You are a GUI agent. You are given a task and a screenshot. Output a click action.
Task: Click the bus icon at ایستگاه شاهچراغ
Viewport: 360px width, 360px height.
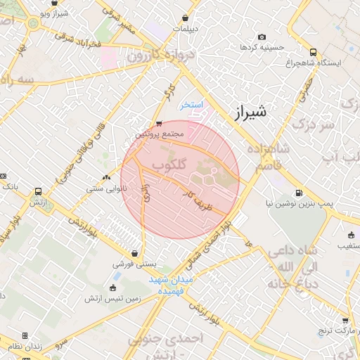pos(313,52)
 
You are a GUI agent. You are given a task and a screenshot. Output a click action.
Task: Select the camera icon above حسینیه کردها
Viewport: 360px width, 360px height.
pos(262,37)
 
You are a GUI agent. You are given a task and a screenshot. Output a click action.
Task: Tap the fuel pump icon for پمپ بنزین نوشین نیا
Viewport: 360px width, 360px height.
pos(300,193)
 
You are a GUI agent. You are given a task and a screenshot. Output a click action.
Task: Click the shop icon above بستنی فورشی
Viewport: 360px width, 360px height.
pos(134,254)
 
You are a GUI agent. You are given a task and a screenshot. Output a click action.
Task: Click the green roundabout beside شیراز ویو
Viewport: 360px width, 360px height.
pos(33,25)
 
